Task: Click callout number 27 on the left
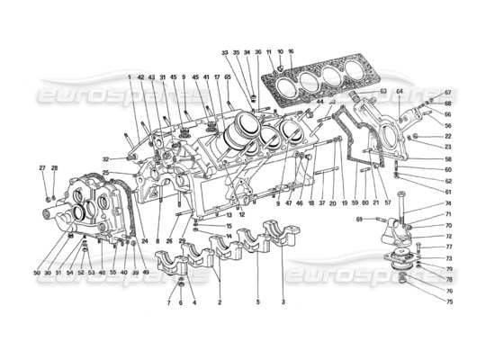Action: pos(41,168)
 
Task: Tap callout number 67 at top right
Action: pos(447,93)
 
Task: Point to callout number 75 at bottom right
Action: pos(447,301)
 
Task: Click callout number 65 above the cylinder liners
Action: pos(228,77)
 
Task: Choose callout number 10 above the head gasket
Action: pos(280,53)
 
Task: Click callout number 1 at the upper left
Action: pos(130,77)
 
